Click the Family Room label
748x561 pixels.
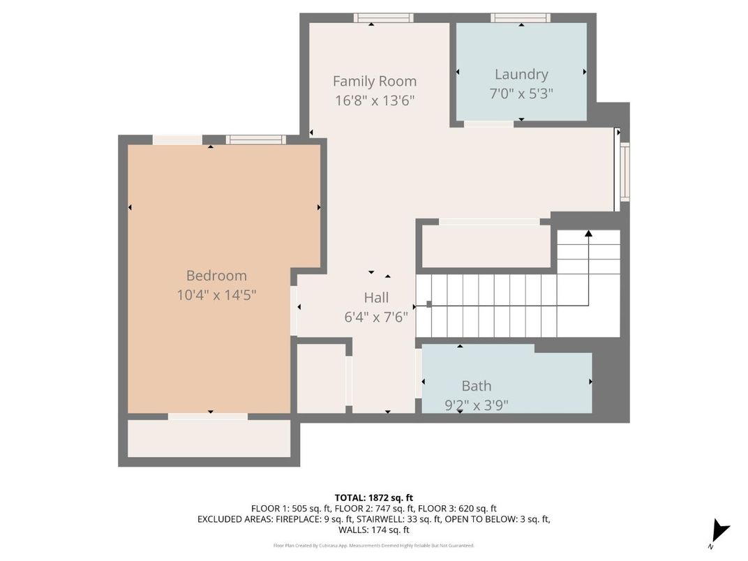[x=374, y=82]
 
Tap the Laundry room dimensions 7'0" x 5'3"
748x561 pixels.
[x=521, y=93]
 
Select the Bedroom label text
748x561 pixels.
[x=216, y=276]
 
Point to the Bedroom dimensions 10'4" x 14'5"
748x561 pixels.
[x=216, y=295]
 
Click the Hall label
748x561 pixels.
[x=376, y=298]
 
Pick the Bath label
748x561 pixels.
[x=476, y=386]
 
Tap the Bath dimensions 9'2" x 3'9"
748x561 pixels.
[x=476, y=404]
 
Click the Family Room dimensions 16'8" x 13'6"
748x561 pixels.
[x=375, y=100]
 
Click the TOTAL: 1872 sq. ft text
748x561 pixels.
[x=373, y=498]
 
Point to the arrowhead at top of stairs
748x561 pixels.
[x=588, y=234]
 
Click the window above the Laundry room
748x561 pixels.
[x=520, y=18]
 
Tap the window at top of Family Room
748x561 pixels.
[x=383, y=18]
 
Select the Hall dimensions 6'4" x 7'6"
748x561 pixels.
[x=376, y=316]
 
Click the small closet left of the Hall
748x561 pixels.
[x=321, y=378]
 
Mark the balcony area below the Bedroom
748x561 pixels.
[x=209, y=438]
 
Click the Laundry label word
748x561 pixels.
[x=521, y=74]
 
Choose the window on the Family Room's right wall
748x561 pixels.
[x=624, y=171]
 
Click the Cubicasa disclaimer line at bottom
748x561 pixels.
[x=373, y=546]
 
